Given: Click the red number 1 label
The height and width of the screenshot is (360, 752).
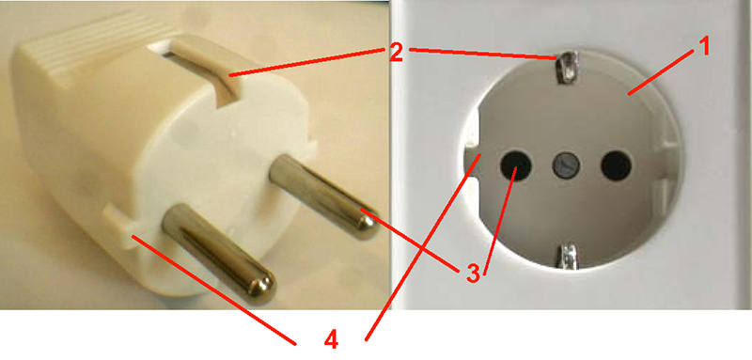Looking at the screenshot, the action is (702, 47).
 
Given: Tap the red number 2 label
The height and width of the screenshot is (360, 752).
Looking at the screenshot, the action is (396, 53).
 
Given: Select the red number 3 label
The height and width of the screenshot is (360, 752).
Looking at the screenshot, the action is (472, 274).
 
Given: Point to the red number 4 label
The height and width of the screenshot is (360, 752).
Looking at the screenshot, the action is (331, 341).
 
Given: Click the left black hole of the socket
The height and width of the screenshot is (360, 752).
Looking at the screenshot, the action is (515, 165).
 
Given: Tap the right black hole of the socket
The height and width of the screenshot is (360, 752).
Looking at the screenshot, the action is (617, 165).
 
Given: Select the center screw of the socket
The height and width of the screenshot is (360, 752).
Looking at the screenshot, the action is (567, 165).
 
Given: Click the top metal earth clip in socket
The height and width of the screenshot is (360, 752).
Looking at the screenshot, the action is (568, 66).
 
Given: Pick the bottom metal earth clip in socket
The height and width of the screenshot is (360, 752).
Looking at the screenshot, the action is (568, 256).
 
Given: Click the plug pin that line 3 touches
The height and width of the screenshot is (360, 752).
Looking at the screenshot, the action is (322, 196).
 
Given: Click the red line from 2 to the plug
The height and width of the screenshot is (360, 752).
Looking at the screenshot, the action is (308, 61).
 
